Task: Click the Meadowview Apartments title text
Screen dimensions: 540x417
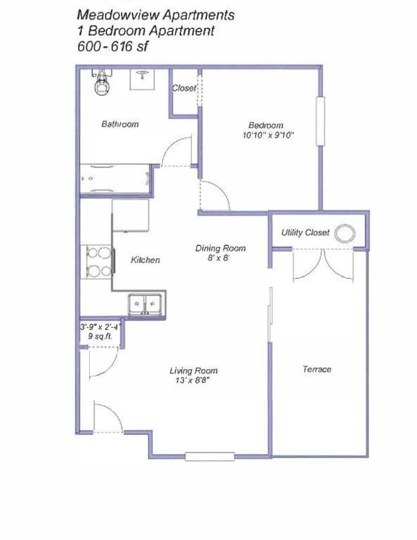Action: [x=155, y=14]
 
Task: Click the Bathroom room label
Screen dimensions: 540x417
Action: [x=119, y=125]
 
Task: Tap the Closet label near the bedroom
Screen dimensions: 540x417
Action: [x=184, y=88]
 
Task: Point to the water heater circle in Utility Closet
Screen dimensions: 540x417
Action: [x=347, y=233]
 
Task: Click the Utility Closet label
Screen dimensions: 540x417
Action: [x=305, y=233]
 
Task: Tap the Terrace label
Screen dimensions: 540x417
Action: [x=316, y=369]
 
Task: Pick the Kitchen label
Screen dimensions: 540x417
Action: [x=145, y=261]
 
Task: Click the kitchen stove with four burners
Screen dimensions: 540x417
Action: [x=98, y=262]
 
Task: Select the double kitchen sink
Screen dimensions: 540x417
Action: [x=146, y=304]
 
